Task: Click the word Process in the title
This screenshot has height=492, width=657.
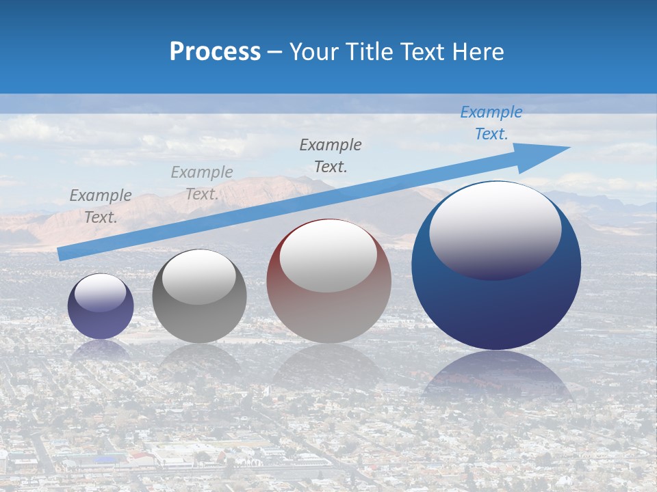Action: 215,52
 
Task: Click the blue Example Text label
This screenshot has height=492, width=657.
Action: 491,123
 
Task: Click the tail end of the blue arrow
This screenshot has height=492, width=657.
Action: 62,254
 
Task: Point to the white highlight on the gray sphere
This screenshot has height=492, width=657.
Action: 198,277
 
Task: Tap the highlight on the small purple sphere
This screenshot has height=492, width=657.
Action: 100,293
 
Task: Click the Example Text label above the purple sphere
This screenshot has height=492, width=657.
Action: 101,206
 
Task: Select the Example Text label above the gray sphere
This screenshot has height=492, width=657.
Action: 202,183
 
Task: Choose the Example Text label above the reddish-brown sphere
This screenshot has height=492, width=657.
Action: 331,155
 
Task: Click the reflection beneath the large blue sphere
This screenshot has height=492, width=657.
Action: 496,376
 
